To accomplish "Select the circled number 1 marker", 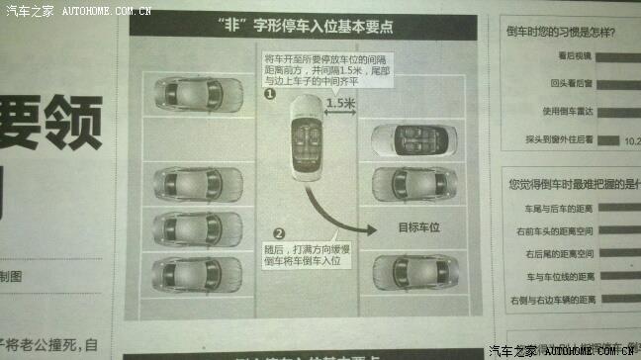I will [x=269, y=94].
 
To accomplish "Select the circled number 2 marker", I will [x=278, y=227].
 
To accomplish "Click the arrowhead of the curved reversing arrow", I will [x=371, y=229].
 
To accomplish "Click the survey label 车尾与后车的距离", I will [x=562, y=210].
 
